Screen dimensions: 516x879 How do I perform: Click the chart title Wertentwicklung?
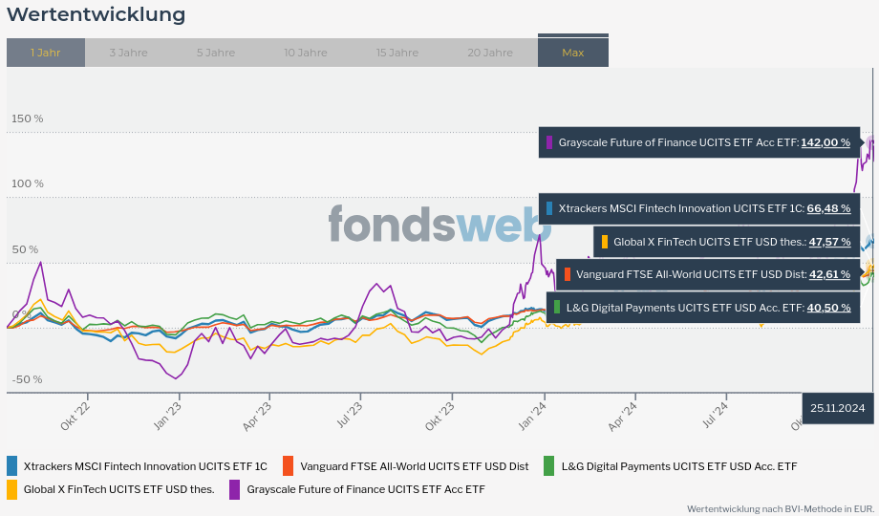[96, 15]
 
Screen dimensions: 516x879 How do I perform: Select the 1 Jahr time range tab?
[46, 53]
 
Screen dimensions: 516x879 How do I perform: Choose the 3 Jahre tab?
[128, 53]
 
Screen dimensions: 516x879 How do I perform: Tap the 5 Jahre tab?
[216, 53]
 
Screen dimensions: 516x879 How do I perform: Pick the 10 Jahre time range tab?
[305, 53]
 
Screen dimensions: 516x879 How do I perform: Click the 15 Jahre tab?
[397, 53]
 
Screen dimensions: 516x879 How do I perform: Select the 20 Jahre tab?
[490, 53]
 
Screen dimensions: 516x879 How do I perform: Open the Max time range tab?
[573, 53]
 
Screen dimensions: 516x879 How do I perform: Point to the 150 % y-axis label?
[27, 118]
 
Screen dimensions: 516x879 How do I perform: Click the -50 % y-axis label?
[27, 379]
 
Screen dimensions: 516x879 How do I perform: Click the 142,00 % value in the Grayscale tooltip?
[825, 142]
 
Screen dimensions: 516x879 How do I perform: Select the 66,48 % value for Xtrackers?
[828, 208]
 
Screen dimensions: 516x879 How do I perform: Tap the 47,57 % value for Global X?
[829, 242]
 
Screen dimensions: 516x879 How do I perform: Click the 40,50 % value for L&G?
[828, 308]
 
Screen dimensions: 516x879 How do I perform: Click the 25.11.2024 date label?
[837, 408]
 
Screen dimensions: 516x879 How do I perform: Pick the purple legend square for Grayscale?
[235, 489]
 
